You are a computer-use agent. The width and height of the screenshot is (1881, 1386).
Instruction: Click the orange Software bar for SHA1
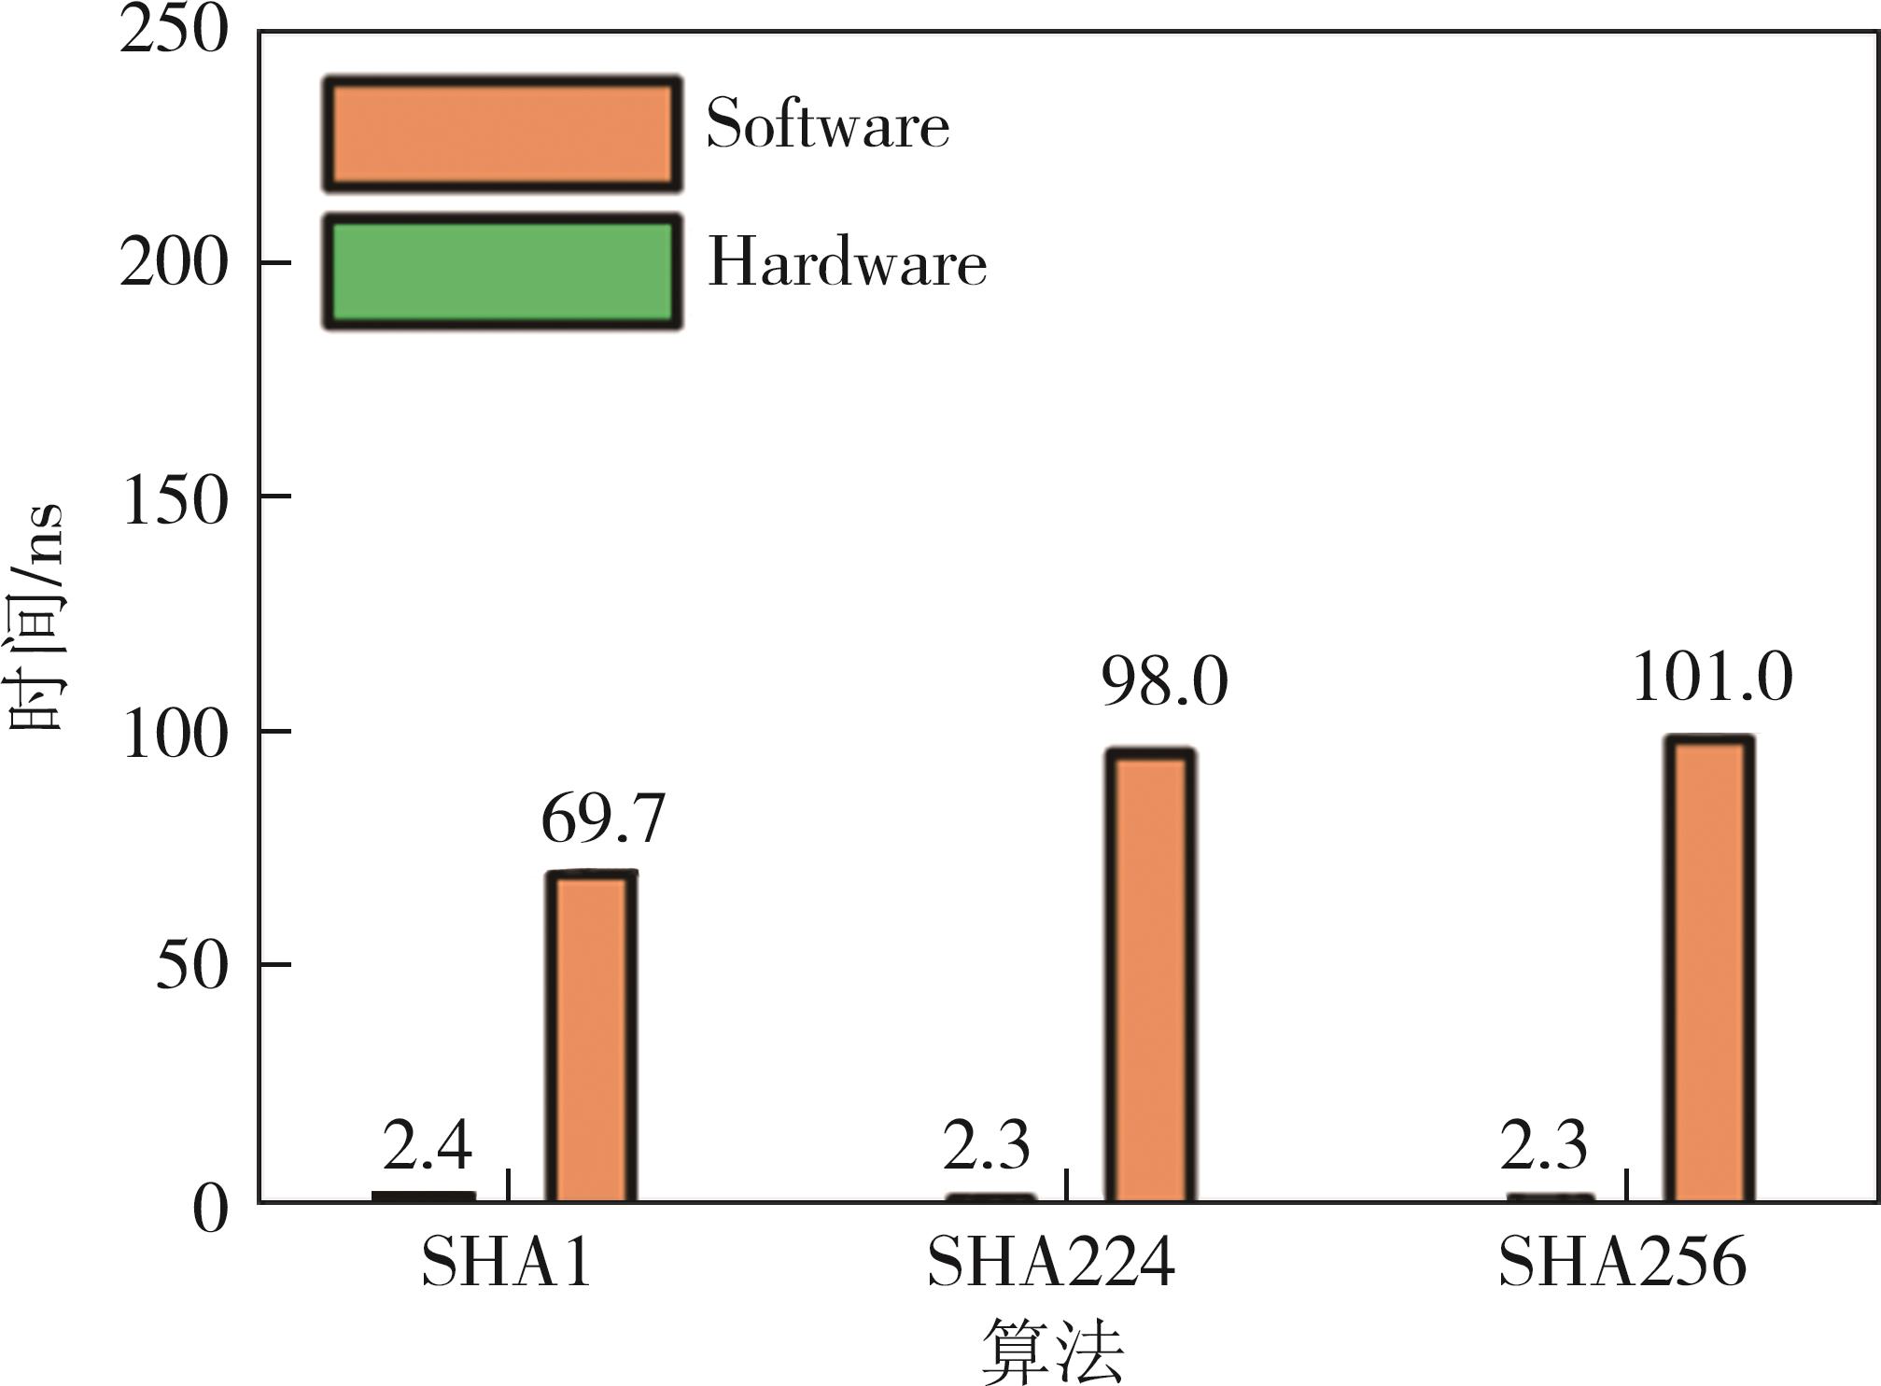click(591, 1036)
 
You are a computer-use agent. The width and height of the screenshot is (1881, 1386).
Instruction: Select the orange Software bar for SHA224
click(1150, 975)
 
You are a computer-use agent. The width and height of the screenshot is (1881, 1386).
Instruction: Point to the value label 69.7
click(603, 819)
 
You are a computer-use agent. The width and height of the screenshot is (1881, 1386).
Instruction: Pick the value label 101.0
click(1712, 677)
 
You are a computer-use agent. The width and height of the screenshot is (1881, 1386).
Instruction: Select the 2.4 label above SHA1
click(427, 1145)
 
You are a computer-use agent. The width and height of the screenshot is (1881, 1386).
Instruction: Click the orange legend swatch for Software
click(502, 134)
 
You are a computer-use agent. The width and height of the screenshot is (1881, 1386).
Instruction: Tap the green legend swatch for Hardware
click(502, 272)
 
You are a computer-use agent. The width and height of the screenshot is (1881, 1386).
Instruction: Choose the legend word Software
click(827, 124)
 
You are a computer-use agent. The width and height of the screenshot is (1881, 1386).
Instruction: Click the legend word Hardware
click(847, 262)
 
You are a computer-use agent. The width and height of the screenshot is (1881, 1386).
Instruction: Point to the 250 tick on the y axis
click(174, 30)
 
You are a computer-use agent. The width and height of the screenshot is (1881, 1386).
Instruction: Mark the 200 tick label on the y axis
click(174, 262)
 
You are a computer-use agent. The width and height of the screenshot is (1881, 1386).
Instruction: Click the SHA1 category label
click(506, 1263)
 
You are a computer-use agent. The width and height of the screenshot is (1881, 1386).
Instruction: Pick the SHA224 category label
click(1050, 1263)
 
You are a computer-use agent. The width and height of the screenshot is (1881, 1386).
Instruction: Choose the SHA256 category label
click(1621, 1263)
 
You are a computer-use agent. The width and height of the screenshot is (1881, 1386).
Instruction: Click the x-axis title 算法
click(1053, 1351)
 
